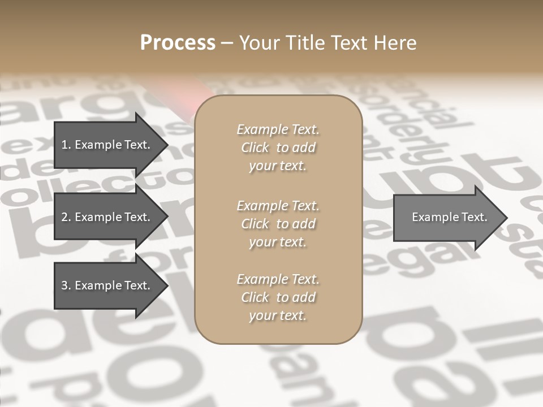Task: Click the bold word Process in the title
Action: pos(178,43)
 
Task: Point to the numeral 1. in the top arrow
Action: pos(66,145)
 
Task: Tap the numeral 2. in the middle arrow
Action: pos(66,217)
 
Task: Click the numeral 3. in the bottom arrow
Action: pos(66,285)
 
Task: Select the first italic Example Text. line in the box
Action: pos(278,129)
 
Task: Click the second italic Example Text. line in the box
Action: pos(278,205)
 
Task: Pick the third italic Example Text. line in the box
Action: pos(278,279)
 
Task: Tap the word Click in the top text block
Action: pos(255,148)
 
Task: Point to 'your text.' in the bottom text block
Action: pos(278,315)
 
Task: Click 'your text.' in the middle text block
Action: pos(278,242)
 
